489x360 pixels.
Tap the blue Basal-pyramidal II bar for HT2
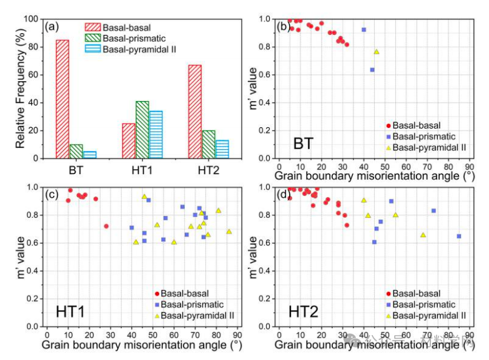click(x=222, y=149)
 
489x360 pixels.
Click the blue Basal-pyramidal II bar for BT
click(x=89, y=155)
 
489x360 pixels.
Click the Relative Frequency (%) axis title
click(x=21, y=89)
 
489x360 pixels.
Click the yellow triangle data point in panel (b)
click(x=376, y=52)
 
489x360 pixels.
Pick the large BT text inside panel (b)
click(x=304, y=144)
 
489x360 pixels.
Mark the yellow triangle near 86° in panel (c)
click(x=229, y=231)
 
